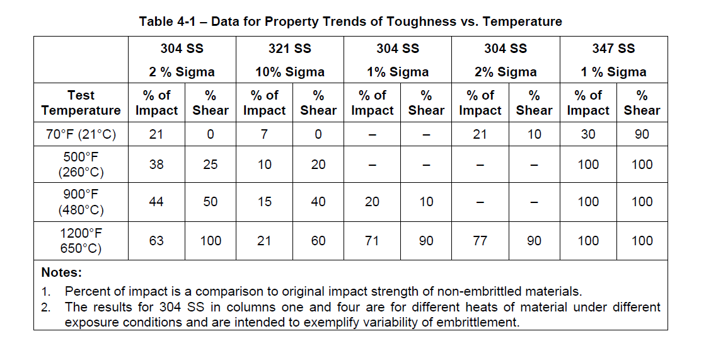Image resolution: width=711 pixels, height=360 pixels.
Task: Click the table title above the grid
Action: tap(350, 21)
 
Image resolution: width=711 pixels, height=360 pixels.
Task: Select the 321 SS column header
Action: tap(289, 49)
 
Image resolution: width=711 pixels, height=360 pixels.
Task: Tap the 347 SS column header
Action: tap(613, 49)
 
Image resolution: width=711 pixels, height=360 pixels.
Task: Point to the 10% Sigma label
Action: tap(289, 72)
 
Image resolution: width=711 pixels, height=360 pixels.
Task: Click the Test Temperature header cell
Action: tap(81, 103)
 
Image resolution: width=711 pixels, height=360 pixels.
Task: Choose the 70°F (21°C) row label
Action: tap(81, 134)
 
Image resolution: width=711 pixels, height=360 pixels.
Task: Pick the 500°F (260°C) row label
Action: tap(81, 165)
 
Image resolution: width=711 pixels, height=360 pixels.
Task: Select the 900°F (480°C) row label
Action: tap(81, 202)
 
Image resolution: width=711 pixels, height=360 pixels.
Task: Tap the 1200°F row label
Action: tap(81, 240)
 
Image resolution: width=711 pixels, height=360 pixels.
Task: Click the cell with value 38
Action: tap(156, 165)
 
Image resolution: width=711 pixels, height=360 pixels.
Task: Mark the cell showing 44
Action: tap(156, 202)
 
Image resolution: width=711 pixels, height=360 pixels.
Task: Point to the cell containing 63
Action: tap(156, 240)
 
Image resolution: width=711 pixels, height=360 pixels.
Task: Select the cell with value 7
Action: tap(264, 134)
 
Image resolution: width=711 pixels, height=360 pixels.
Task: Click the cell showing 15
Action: tap(264, 202)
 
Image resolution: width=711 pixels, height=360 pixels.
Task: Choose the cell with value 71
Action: tap(372, 240)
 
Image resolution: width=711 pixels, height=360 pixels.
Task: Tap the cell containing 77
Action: tap(480, 240)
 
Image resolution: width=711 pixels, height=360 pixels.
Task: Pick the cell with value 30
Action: tap(587, 134)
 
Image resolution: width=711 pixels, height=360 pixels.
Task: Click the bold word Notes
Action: tap(61, 273)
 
